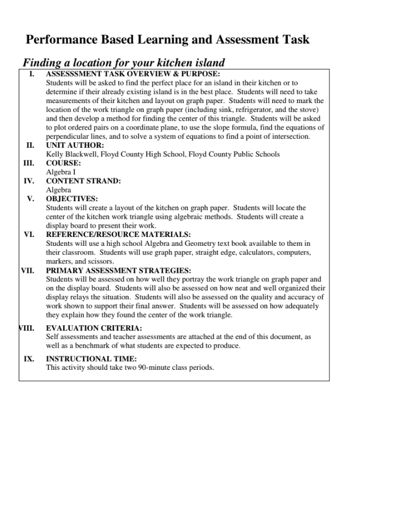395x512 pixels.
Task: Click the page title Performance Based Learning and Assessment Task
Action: coord(167,40)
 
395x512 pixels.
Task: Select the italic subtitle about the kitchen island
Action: coord(123,62)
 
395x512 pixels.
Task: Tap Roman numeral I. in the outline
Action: coord(32,73)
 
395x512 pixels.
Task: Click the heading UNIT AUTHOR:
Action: coord(74,145)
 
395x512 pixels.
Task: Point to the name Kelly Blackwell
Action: coord(69,154)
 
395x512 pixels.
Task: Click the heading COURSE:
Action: coord(63,163)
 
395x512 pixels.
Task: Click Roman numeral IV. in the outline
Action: coord(29,181)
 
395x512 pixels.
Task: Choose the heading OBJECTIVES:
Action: coord(72,198)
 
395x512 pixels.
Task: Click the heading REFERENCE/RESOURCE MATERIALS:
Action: coord(118,234)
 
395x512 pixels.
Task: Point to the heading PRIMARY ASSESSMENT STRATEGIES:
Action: coord(118,271)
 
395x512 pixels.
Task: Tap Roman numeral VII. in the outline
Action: coord(27,271)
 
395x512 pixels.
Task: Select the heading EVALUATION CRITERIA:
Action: coord(94,328)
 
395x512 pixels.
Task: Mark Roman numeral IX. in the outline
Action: coord(29,359)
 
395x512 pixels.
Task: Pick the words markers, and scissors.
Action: coord(72,261)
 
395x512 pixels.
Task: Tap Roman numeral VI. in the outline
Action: coord(29,234)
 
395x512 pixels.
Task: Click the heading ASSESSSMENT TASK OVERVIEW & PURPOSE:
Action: coord(133,73)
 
